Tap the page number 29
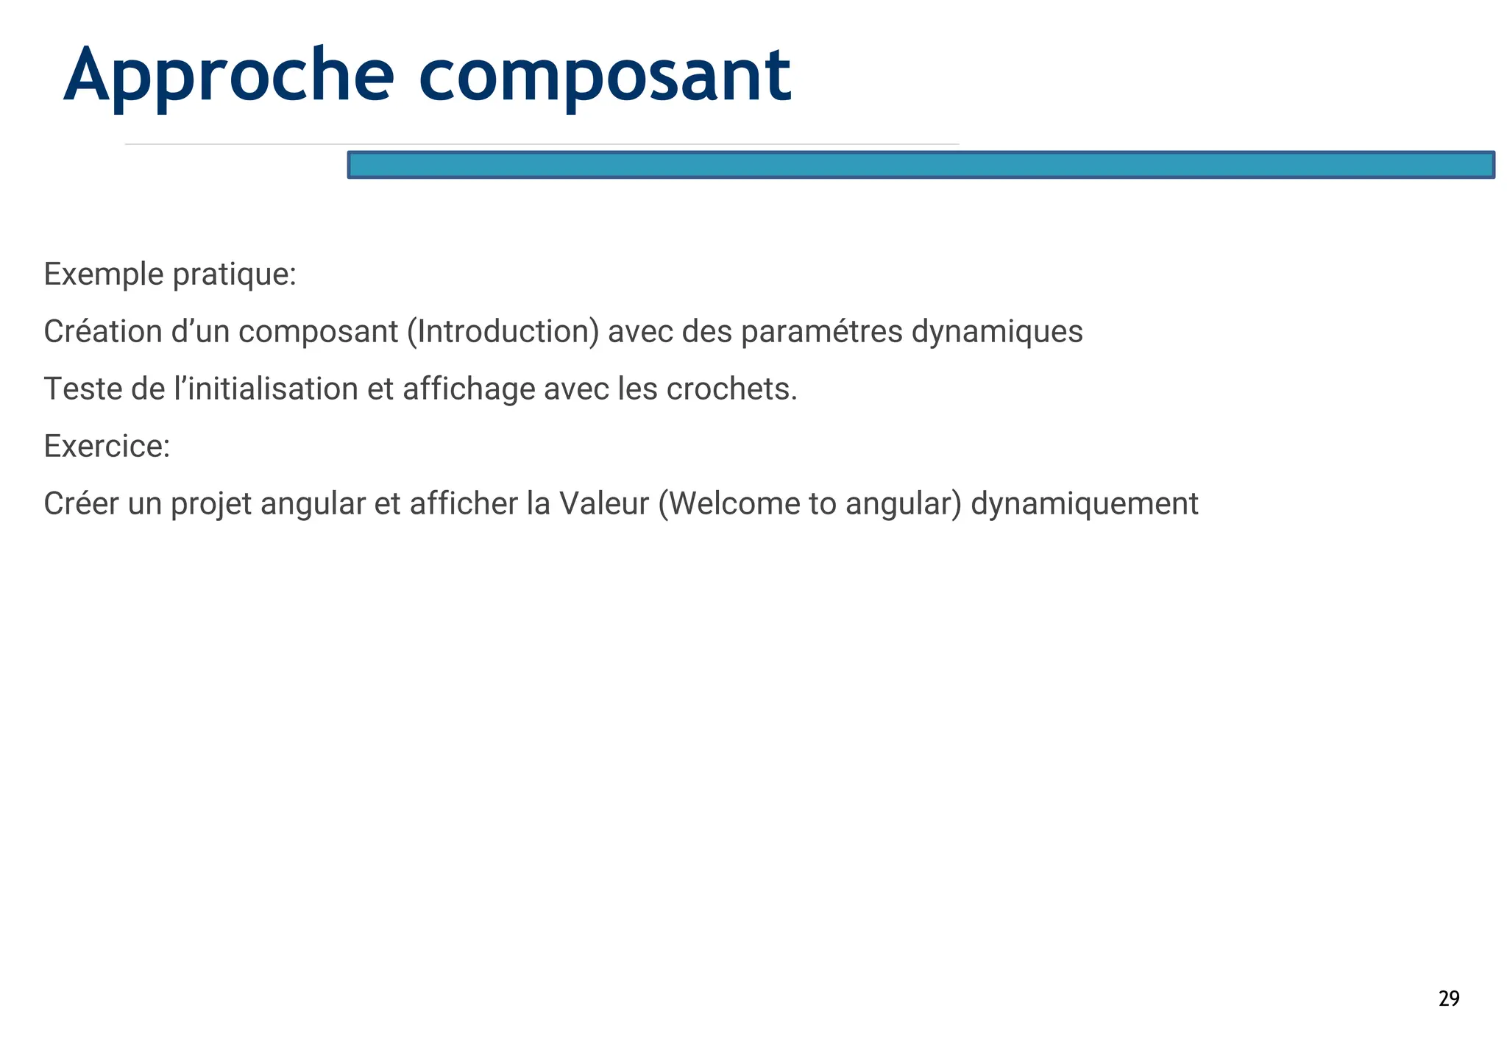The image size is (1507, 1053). coord(1448,999)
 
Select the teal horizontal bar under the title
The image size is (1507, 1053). coord(920,165)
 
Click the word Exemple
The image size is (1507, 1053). coord(103,274)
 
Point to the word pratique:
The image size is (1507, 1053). coord(234,274)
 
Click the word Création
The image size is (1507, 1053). coord(102,332)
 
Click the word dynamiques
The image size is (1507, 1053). coord(996,332)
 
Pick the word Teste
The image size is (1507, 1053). coord(83,389)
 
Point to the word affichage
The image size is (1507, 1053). coord(469,389)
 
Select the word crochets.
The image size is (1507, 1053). coord(731,389)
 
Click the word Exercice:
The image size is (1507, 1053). coord(107,447)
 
